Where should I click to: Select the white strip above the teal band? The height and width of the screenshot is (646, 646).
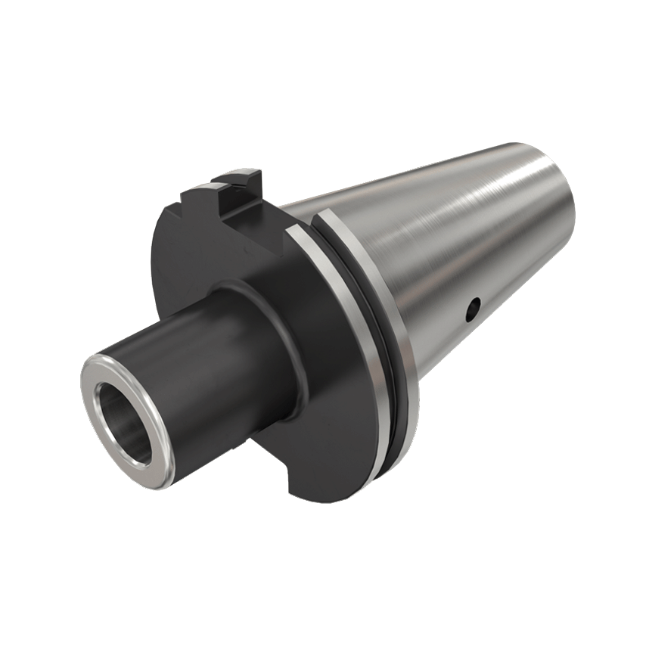323,61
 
